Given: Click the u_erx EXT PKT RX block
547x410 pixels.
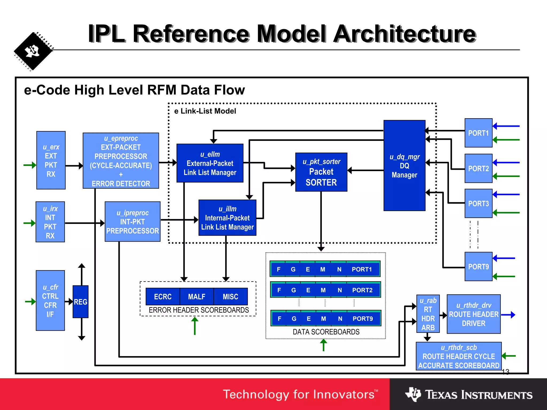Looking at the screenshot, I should (x=51, y=160).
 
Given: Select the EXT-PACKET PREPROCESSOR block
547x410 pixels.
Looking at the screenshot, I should (x=121, y=161).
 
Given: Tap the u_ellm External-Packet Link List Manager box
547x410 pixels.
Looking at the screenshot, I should (x=210, y=163).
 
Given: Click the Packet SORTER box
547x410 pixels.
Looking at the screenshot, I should (x=321, y=172).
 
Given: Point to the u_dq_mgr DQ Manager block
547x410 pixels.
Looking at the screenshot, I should (x=404, y=165).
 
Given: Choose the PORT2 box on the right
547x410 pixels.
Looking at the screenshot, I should (x=478, y=168).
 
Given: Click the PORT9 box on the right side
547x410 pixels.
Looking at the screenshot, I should (x=478, y=266).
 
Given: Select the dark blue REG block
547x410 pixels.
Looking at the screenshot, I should (x=80, y=302).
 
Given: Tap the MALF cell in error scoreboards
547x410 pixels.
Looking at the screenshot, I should (x=197, y=297).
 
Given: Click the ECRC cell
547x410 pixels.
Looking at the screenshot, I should (x=163, y=297).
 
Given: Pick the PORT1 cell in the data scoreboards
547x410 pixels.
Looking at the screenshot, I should (x=362, y=269).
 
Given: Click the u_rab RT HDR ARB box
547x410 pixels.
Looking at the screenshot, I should (x=428, y=314).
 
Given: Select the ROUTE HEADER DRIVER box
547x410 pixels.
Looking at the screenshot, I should (x=474, y=314).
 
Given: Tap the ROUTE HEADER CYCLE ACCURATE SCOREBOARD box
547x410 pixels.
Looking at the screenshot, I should (x=459, y=356).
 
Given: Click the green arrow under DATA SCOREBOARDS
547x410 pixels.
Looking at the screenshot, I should (x=323, y=345).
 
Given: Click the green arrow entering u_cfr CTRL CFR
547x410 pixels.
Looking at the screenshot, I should (x=30, y=302).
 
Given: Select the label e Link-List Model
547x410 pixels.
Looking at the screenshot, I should (x=205, y=111).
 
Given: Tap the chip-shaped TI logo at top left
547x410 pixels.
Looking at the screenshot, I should (x=33, y=51).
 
